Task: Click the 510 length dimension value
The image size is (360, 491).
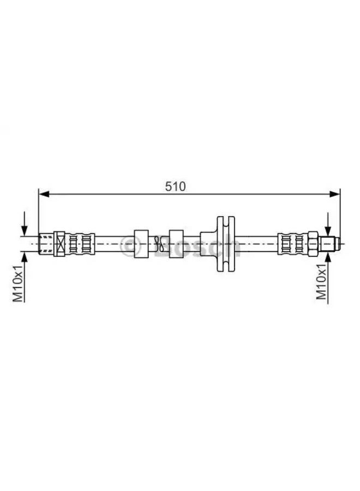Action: tap(176, 185)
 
